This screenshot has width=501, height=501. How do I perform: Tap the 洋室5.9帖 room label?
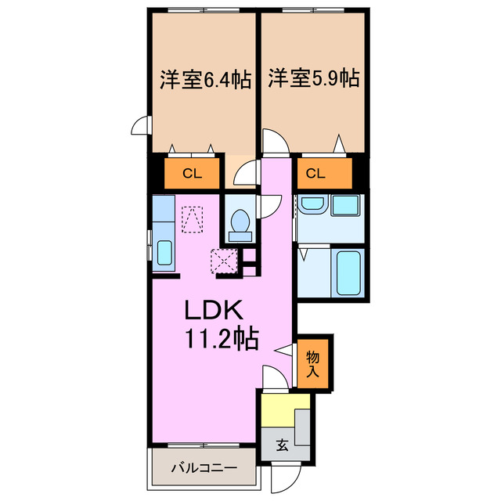(x=314, y=79)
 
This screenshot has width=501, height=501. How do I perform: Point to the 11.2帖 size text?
(x=222, y=339)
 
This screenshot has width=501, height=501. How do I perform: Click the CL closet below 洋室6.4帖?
(x=192, y=174)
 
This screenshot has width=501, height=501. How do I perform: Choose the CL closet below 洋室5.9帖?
(x=315, y=174)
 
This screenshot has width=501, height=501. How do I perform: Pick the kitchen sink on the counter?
(x=165, y=253)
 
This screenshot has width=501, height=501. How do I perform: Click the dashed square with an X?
(x=225, y=259)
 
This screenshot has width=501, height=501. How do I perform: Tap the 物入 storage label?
(x=312, y=364)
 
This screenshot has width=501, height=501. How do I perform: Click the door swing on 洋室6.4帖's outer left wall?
(x=141, y=125)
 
